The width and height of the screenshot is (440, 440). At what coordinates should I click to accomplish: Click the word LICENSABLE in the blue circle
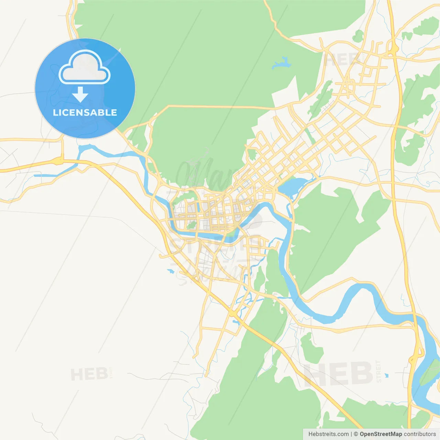pyautogui.click(x=85, y=112)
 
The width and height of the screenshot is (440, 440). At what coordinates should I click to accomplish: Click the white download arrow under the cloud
pyautogui.click(x=80, y=94)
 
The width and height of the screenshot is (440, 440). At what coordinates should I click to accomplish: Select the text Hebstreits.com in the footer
pyautogui.click(x=328, y=434)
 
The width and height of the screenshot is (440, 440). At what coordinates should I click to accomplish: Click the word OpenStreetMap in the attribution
pyautogui.click(x=381, y=434)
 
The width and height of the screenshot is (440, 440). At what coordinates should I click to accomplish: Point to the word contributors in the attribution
pyautogui.click(x=420, y=434)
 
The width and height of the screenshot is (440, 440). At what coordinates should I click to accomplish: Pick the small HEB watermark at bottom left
pyautogui.click(x=89, y=374)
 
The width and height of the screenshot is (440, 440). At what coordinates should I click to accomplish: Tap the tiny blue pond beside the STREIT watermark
pyautogui.click(x=387, y=375)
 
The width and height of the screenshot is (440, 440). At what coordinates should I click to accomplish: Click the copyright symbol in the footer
pyautogui.click(x=356, y=434)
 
